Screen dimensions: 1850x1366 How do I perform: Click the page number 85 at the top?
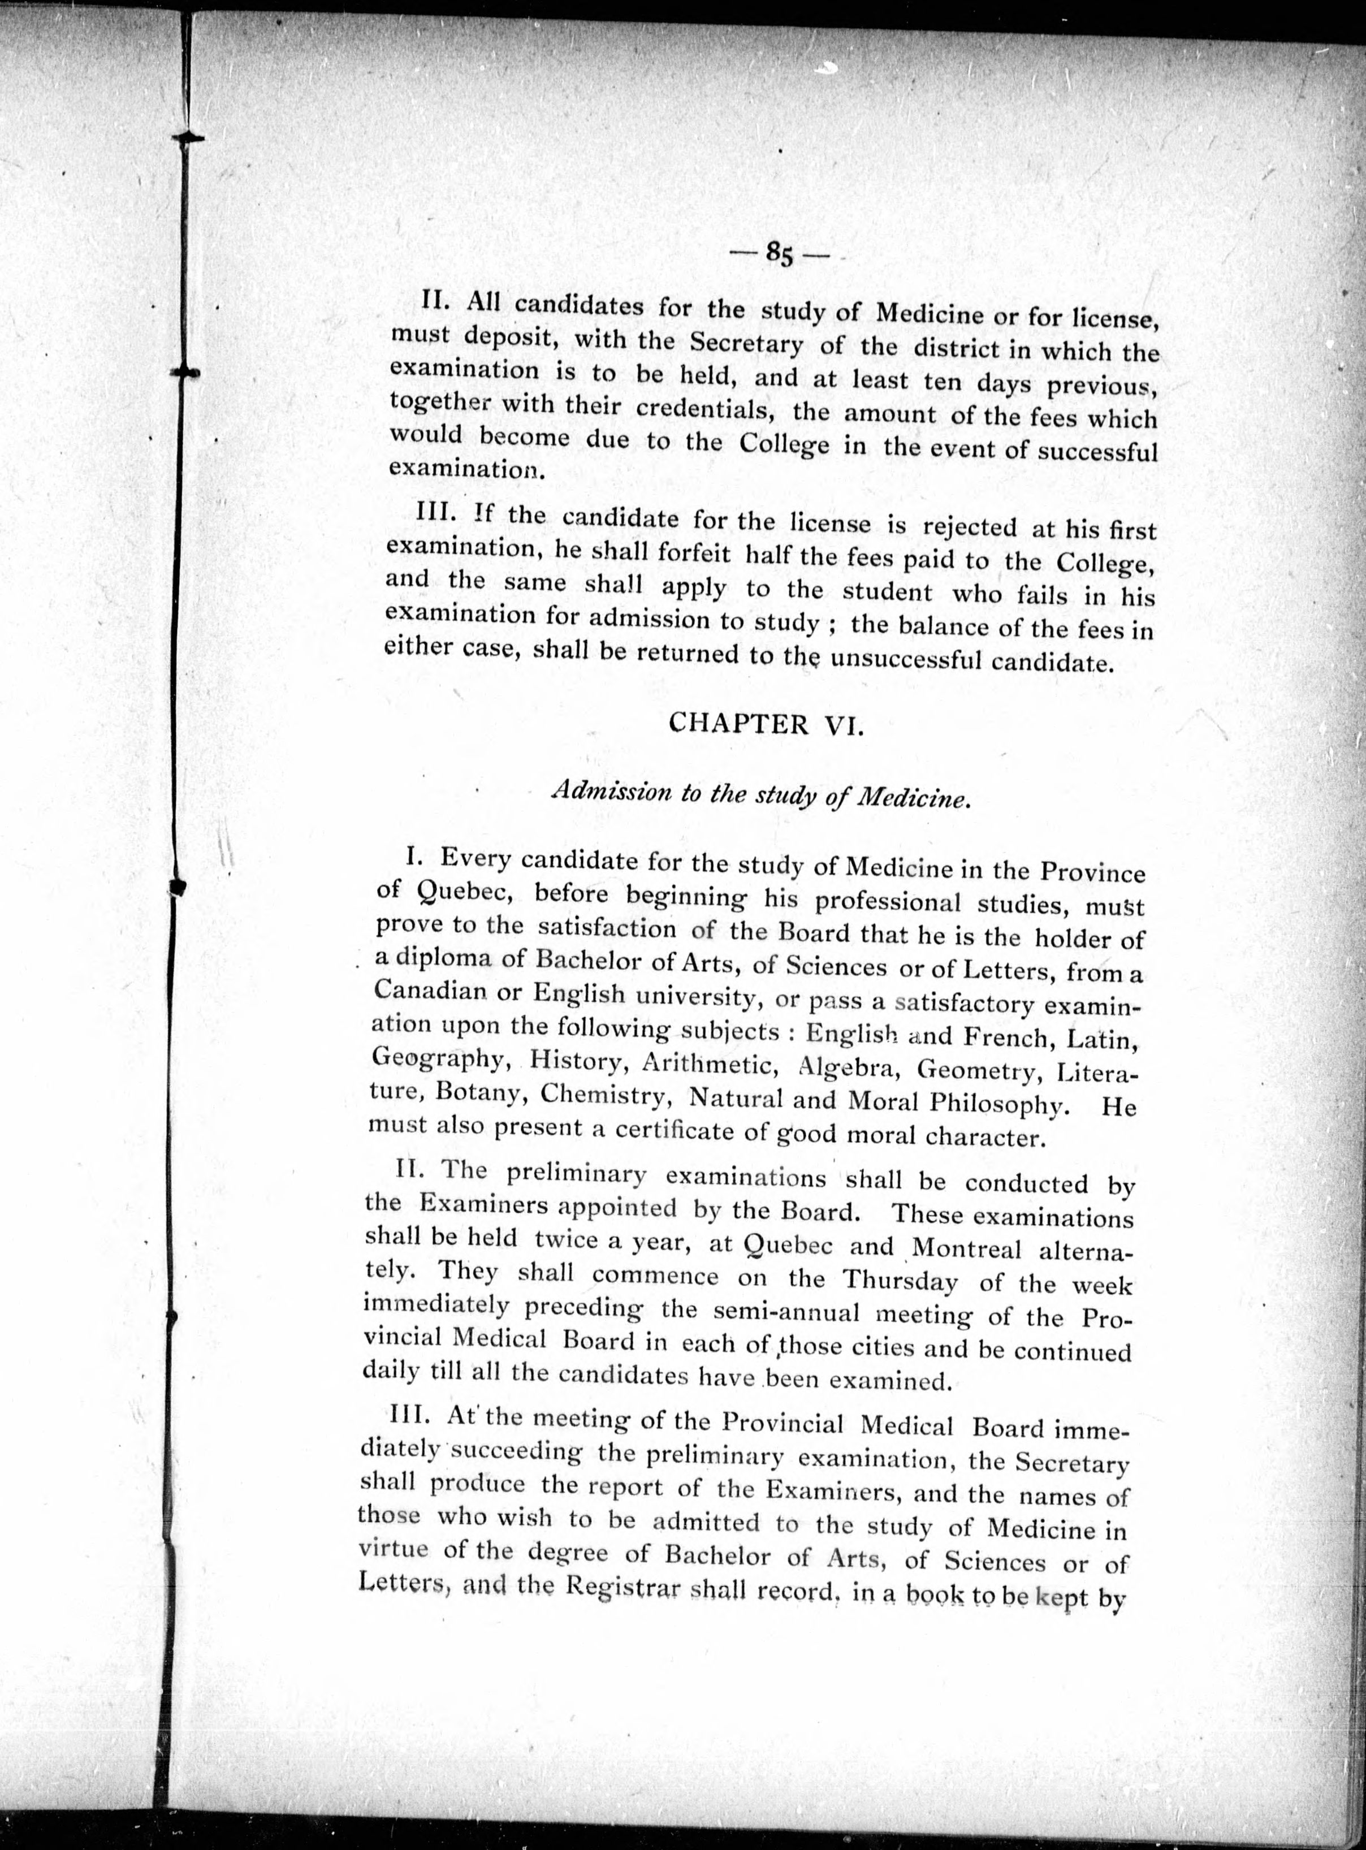click(x=779, y=254)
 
